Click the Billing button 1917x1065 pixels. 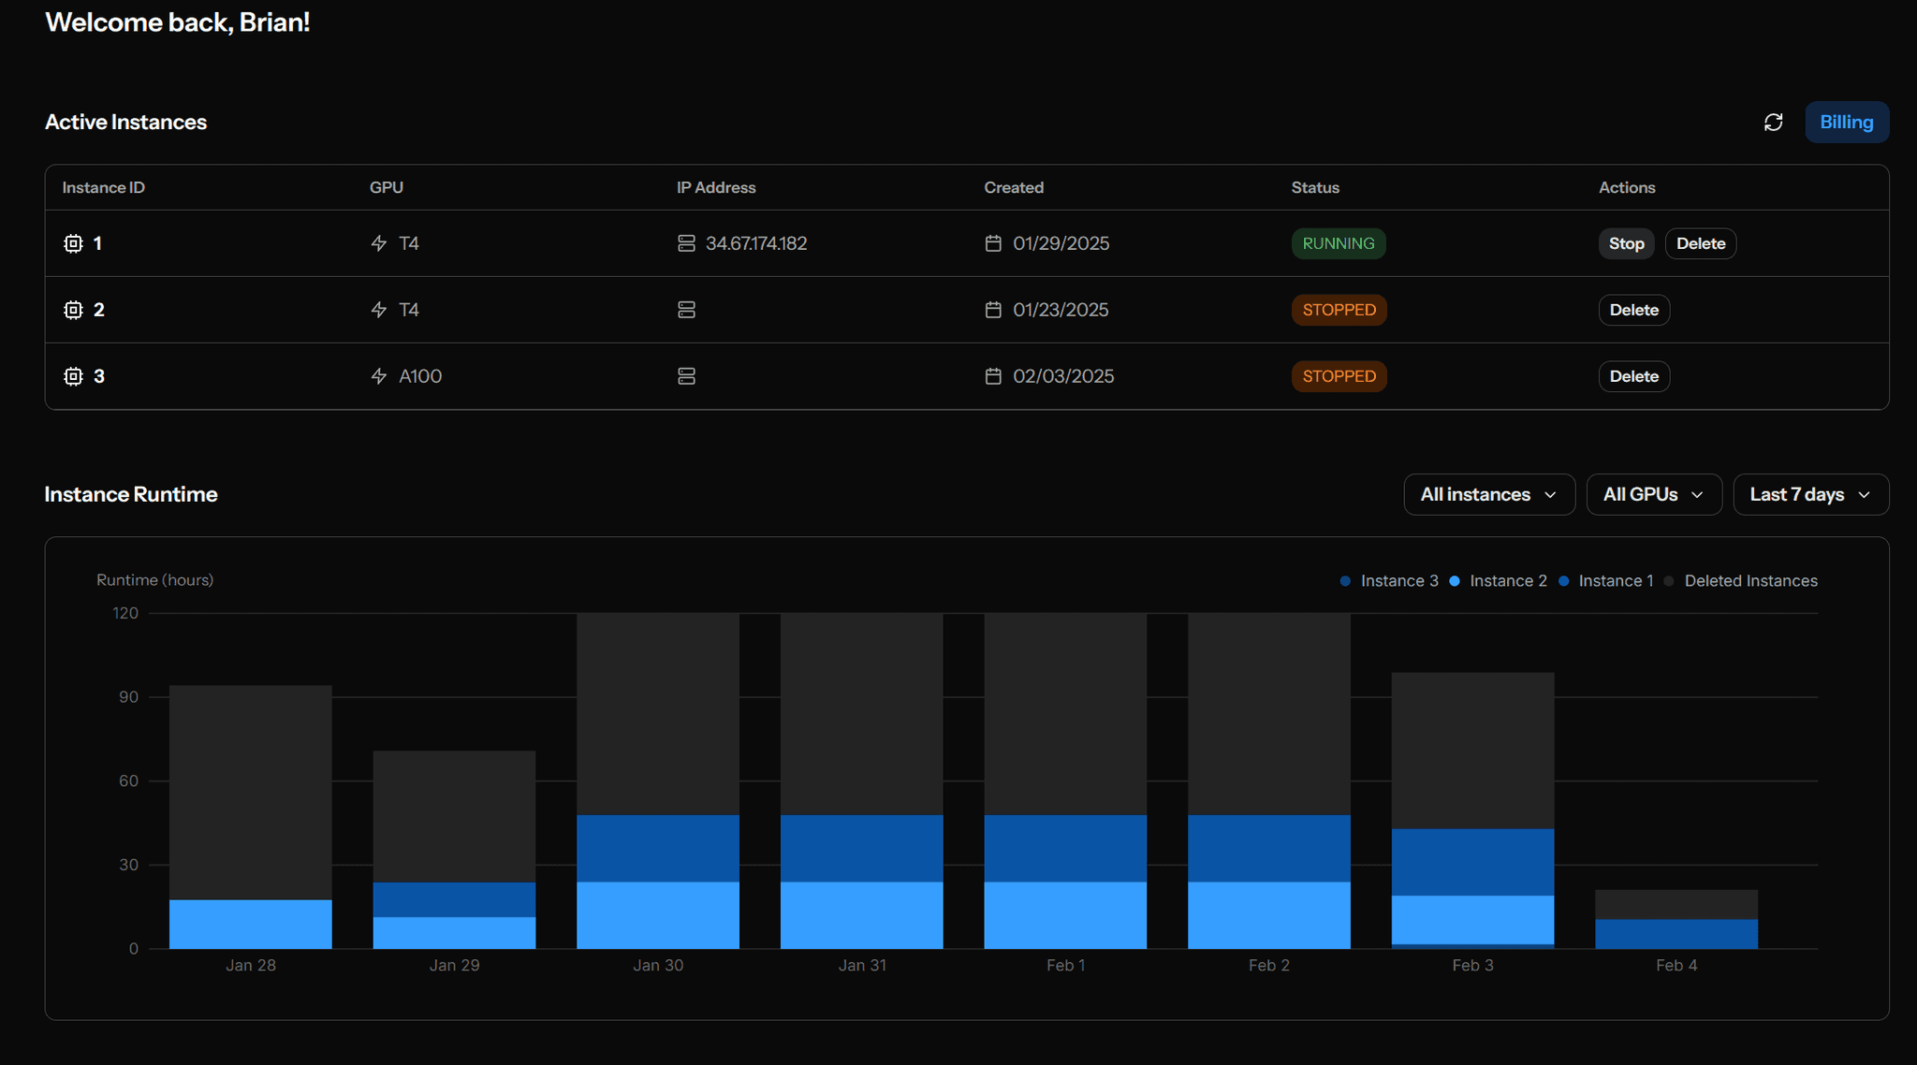[1846, 123]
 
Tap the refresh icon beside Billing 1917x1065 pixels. [1773, 123]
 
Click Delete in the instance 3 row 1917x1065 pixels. [1633, 376]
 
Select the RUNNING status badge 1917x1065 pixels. [1338, 243]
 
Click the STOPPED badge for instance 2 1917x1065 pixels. [1339, 310]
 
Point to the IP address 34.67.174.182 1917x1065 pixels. [755, 243]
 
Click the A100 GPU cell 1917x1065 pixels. [419, 376]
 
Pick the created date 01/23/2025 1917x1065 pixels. [1060, 310]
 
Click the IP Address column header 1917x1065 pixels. [716, 187]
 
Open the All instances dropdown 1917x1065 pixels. [1488, 494]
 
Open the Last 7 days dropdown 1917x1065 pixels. [1810, 494]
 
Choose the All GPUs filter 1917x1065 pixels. [1653, 494]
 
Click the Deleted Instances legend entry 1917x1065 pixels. [1749, 581]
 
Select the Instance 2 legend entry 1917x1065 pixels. [1507, 581]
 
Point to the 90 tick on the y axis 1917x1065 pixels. [128, 697]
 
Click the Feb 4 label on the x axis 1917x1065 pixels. [1676, 965]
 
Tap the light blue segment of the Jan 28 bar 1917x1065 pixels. [250, 925]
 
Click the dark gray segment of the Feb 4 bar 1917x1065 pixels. [1676, 904]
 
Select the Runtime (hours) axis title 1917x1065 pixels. [154, 580]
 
